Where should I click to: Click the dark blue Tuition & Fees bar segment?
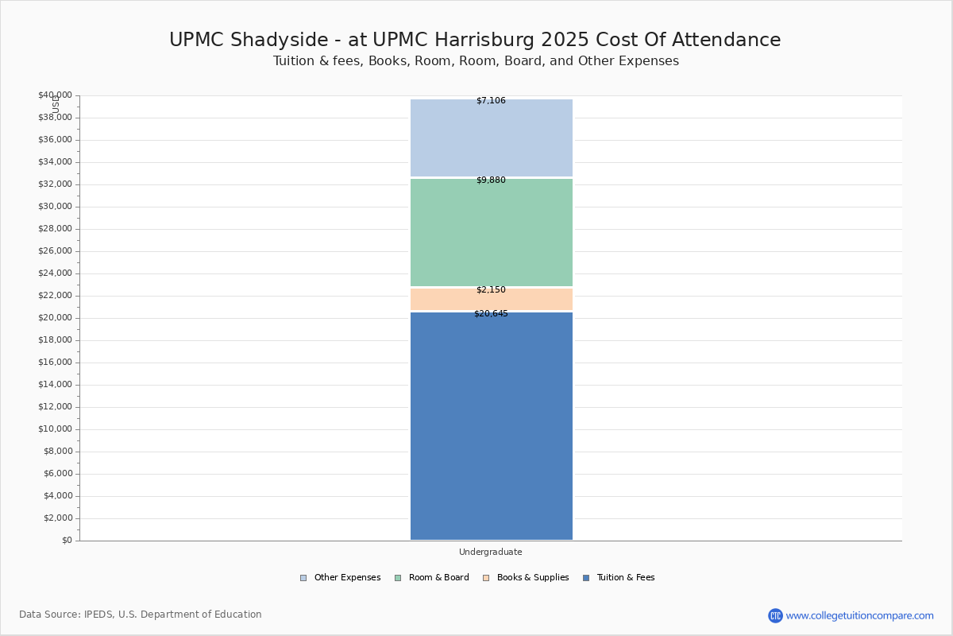pos(492,426)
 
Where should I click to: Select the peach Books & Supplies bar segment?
pos(492,300)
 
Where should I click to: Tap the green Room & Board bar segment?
pos(492,233)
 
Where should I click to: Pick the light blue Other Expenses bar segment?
pos(492,138)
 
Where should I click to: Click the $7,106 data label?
pos(491,100)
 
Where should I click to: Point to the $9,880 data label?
pos(491,180)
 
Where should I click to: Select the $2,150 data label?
pos(491,289)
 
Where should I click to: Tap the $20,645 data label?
pos(491,313)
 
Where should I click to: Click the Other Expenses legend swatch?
pos(303,578)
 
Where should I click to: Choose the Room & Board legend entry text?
pos(438,577)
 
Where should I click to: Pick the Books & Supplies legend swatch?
pos(486,578)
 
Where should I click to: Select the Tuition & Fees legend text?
pos(626,577)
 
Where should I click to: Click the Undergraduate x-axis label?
pos(491,552)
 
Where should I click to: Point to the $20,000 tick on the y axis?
pos(55,318)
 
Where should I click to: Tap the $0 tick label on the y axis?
pos(68,540)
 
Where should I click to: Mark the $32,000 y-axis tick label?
pos(55,184)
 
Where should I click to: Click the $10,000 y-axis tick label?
pos(55,429)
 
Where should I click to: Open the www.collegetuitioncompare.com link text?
pos(859,615)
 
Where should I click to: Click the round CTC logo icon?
pos(775,615)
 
